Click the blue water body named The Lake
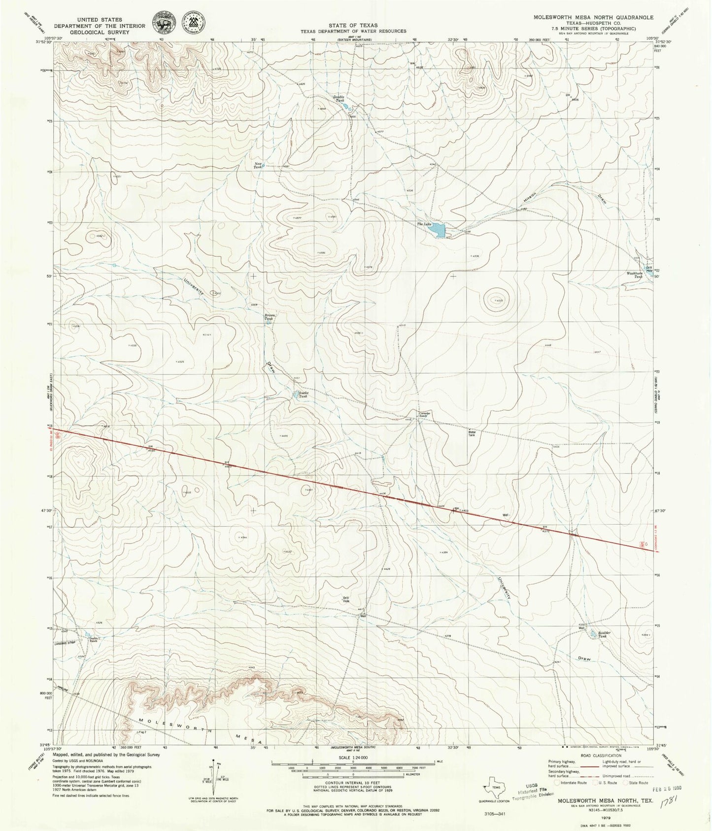pos(440,230)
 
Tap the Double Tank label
pos(338,99)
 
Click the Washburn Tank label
pos(635,276)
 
